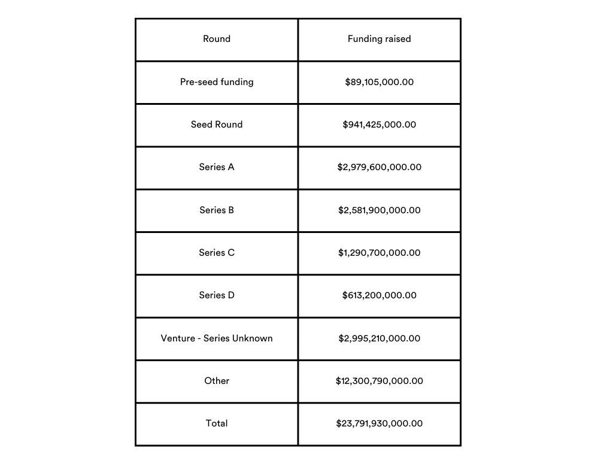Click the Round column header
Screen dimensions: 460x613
click(x=217, y=39)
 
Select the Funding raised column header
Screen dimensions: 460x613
click(x=379, y=39)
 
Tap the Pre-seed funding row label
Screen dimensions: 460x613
click(x=217, y=81)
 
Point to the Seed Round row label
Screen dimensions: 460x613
click(x=217, y=125)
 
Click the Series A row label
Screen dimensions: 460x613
click(x=217, y=167)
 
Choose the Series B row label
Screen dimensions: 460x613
click(x=217, y=210)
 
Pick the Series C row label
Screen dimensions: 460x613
click(x=217, y=253)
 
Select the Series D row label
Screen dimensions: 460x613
click(x=217, y=295)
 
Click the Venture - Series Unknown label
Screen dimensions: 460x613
click(x=217, y=338)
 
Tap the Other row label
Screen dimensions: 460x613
click(x=217, y=381)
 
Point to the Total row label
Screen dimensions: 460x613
click(x=217, y=423)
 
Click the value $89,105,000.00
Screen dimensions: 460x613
click(x=379, y=82)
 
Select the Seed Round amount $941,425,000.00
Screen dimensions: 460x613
click(x=379, y=125)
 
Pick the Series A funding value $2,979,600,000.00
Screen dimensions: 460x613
click(x=379, y=167)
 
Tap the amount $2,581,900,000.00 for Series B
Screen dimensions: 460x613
click(x=379, y=210)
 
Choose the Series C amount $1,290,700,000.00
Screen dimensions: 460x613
click(x=379, y=253)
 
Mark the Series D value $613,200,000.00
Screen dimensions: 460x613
click(x=379, y=295)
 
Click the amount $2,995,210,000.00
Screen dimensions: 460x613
click(x=379, y=338)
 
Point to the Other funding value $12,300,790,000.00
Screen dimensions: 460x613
click(x=379, y=381)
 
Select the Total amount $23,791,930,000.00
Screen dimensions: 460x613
click(x=379, y=423)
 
